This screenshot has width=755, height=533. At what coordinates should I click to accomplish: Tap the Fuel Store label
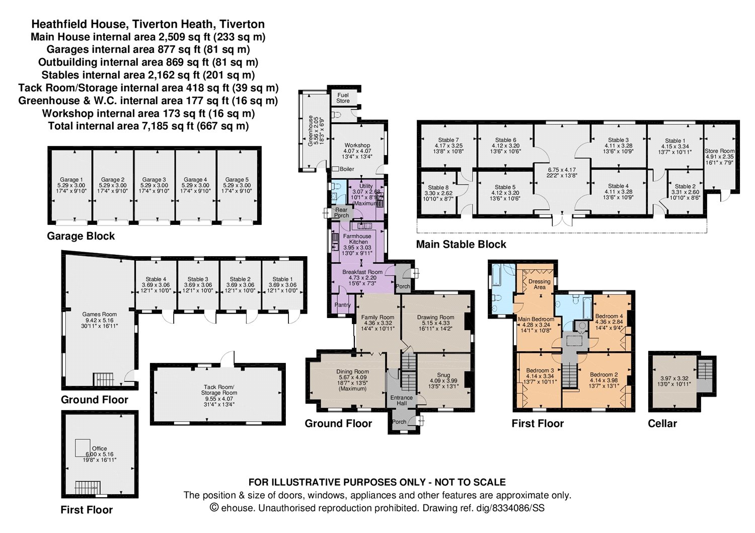click(343, 98)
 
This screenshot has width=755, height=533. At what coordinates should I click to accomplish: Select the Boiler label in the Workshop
click(347, 169)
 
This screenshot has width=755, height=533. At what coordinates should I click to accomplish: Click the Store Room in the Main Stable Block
click(719, 157)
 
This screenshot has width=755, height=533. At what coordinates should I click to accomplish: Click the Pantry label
click(342, 305)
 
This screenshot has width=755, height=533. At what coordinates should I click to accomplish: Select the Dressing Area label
click(539, 284)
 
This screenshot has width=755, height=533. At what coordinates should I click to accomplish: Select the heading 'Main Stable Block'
click(461, 244)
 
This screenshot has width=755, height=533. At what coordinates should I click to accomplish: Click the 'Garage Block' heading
click(81, 236)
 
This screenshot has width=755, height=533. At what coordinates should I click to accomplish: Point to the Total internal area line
click(148, 126)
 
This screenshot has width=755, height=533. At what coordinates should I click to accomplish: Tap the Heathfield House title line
click(148, 24)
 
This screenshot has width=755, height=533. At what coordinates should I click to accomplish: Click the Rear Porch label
click(341, 212)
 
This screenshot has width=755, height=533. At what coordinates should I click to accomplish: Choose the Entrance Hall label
click(401, 400)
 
